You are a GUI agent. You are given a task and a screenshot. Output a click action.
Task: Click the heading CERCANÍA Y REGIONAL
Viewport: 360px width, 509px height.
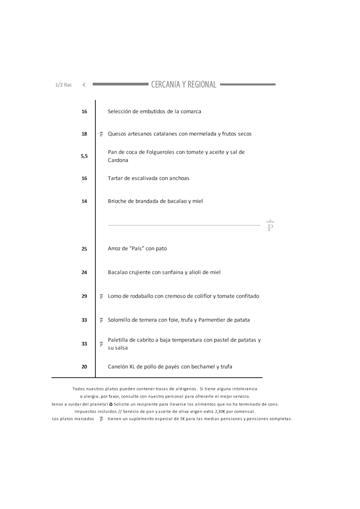coord(183,85)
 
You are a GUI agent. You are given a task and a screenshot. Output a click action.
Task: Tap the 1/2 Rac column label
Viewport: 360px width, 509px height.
coord(64,85)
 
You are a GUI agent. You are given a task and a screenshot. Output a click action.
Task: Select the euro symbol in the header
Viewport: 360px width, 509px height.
coord(84,85)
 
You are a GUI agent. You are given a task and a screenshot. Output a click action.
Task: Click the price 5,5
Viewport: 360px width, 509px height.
coord(84,156)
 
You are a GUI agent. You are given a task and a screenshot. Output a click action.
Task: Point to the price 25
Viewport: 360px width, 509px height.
coord(84,249)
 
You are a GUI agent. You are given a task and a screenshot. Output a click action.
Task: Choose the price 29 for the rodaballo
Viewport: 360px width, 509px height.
coord(84,296)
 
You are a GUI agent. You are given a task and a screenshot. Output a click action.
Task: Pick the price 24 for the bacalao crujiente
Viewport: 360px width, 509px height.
coord(84,272)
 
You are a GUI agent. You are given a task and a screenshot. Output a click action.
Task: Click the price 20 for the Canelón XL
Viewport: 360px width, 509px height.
coord(84,367)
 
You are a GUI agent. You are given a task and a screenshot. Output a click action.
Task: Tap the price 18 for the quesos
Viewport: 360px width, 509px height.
coord(84,134)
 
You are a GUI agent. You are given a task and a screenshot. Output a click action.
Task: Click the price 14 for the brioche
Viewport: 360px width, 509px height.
coord(84,201)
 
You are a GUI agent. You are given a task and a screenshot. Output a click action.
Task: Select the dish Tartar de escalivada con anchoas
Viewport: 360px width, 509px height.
coord(148,178)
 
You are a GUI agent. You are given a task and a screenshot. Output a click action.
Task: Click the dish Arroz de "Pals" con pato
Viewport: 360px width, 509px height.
coord(137,249)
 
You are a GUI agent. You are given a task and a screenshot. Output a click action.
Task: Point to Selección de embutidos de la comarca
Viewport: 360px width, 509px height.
coord(154,111)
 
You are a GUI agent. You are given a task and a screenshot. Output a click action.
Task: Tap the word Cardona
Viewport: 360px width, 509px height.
coord(118,160)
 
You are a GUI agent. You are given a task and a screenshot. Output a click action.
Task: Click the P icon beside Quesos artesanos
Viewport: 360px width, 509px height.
coord(101,134)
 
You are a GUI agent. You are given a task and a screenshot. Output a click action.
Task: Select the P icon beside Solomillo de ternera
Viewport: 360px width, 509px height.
coord(101,320)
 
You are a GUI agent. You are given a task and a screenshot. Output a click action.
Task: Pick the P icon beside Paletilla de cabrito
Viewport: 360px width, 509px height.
coord(101,344)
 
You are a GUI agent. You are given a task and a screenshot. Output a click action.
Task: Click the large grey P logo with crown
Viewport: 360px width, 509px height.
coord(270,226)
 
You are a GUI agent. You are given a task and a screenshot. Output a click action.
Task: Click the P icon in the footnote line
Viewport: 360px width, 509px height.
coord(101,418)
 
